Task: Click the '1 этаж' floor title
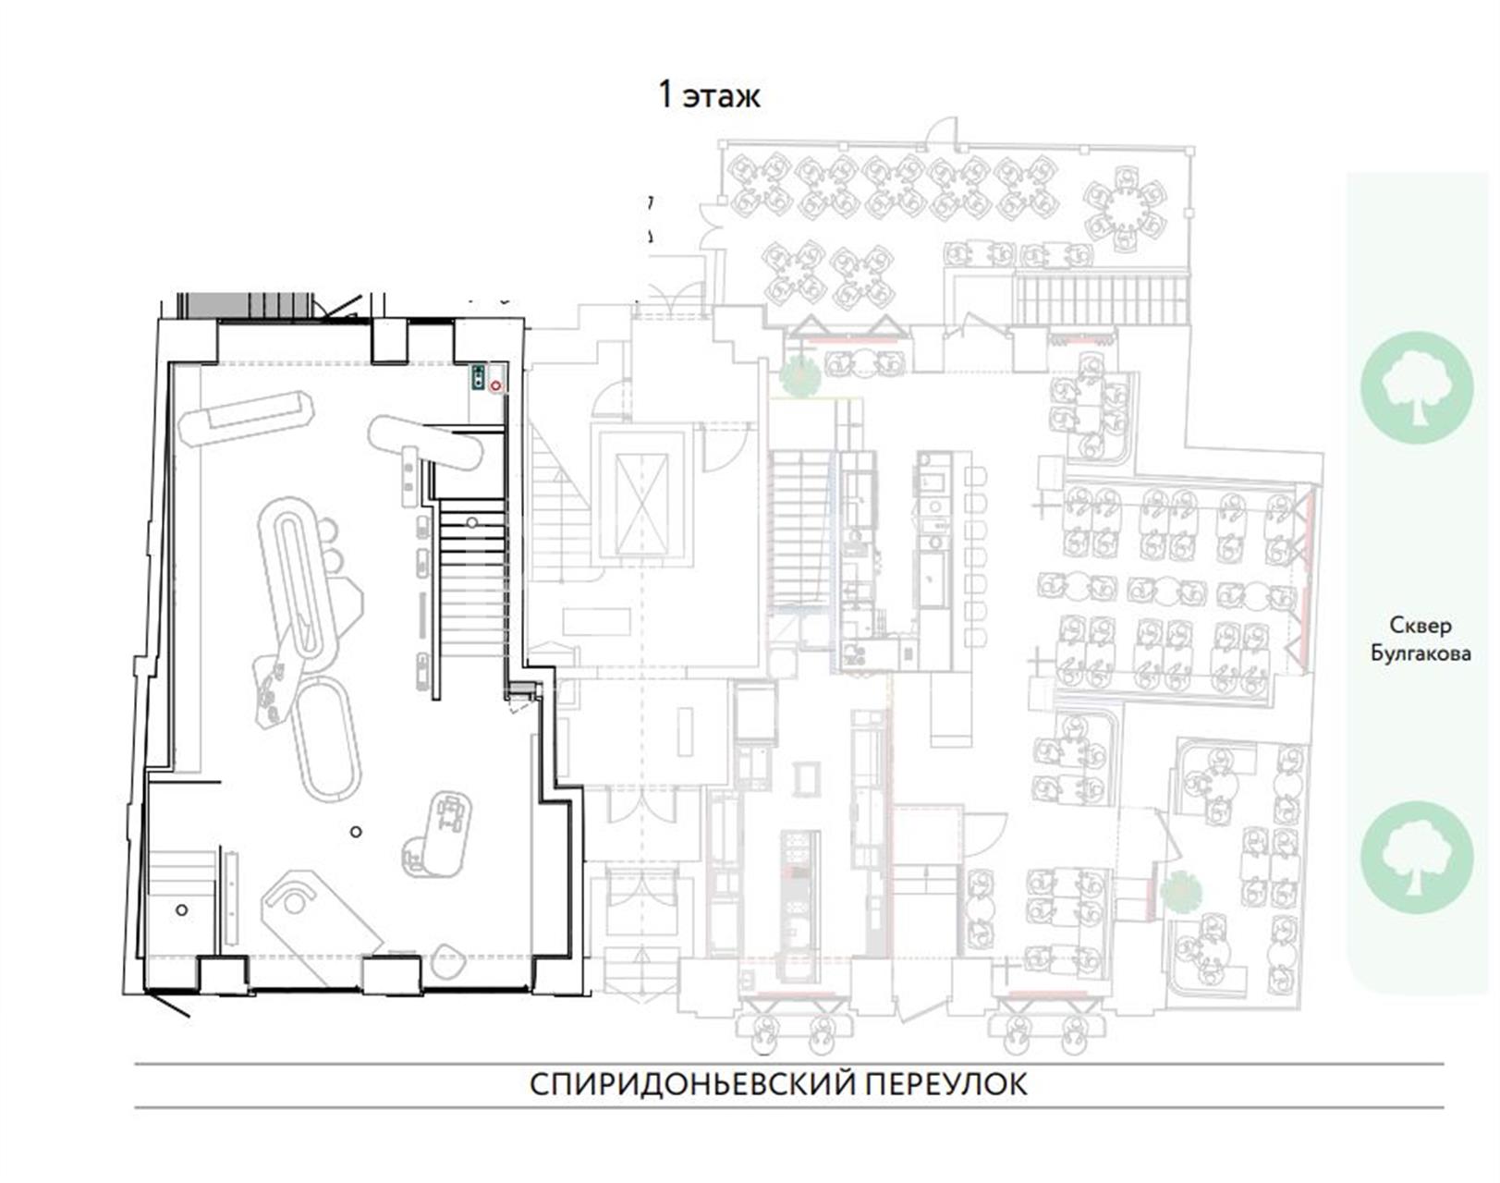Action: coord(710,96)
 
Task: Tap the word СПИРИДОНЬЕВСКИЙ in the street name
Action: coord(692,1085)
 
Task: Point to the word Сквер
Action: coord(1421,626)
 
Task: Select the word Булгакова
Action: coord(1421,654)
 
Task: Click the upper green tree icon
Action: coord(1417,387)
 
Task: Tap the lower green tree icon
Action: coord(1417,858)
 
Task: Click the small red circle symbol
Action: coord(496,385)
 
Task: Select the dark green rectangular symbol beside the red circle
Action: coord(479,377)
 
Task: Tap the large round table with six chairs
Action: coord(1124,210)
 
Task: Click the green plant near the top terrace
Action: coord(799,376)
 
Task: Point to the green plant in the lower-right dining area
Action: coord(1181,892)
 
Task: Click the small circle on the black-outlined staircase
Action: coord(472,522)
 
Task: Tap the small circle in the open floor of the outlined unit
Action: coord(356,832)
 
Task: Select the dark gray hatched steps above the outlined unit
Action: coord(244,305)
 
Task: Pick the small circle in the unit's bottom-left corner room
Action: coord(182,909)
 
